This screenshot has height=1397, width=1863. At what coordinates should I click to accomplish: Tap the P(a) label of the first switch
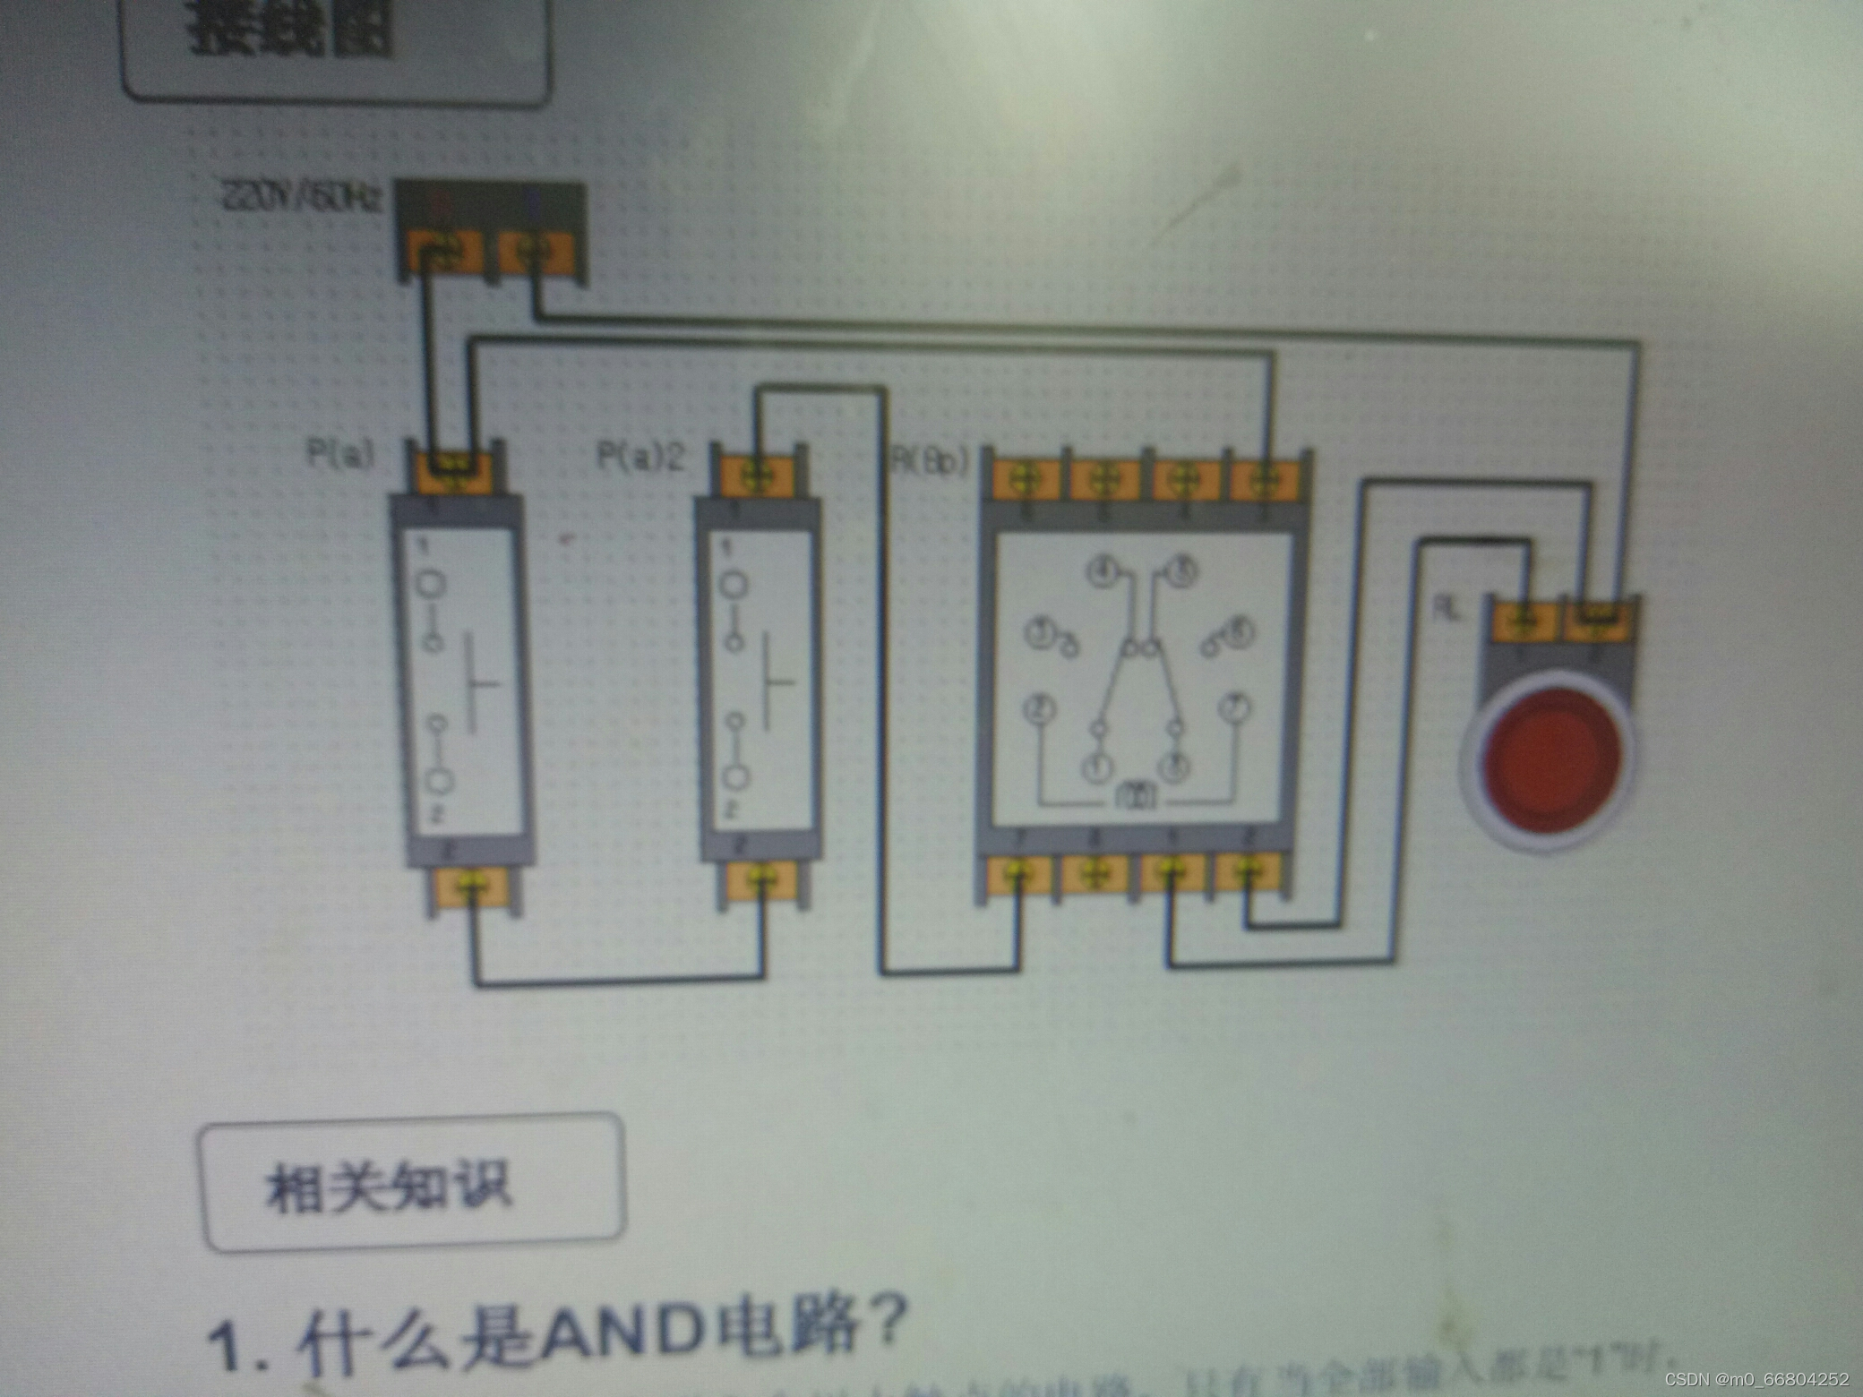340,454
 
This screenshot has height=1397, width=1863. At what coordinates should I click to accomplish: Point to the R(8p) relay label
931,460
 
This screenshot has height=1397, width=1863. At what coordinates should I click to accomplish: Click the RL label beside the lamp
1448,609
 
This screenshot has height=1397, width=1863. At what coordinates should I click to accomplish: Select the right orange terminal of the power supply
536,253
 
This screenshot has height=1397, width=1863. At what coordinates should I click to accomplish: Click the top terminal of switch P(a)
455,469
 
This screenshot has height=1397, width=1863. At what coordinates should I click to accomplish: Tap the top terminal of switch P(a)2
757,474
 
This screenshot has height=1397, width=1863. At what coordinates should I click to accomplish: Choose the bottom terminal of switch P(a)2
761,879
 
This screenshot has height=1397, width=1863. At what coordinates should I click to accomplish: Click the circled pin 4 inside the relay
1103,571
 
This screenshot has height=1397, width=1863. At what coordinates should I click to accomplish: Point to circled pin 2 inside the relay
1039,709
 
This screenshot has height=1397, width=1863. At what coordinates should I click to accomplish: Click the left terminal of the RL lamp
1524,619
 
